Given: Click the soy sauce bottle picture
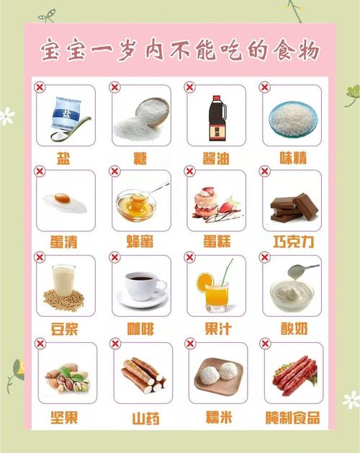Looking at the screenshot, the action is (x=217, y=118).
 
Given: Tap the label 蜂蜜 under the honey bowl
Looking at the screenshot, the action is (x=140, y=241).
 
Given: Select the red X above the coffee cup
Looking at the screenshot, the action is (x=114, y=257).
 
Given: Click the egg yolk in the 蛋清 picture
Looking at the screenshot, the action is (x=62, y=198).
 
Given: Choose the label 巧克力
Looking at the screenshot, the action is (x=293, y=241).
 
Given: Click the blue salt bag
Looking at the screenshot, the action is (x=66, y=114).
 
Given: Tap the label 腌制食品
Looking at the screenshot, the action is (x=293, y=418).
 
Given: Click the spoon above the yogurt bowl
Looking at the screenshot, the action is (x=302, y=270).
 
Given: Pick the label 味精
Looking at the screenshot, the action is (x=293, y=158).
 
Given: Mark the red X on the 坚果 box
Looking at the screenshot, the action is (x=40, y=344).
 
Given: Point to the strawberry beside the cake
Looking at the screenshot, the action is (x=227, y=207).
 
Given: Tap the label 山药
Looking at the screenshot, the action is (x=145, y=418).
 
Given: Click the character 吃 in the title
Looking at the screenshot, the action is (x=230, y=51).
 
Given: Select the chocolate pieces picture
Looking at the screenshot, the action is (x=294, y=207).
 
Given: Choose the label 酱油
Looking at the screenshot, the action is (x=216, y=158).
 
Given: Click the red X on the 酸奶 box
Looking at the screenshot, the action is (x=265, y=257).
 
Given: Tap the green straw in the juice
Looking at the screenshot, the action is (x=227, y=272).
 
